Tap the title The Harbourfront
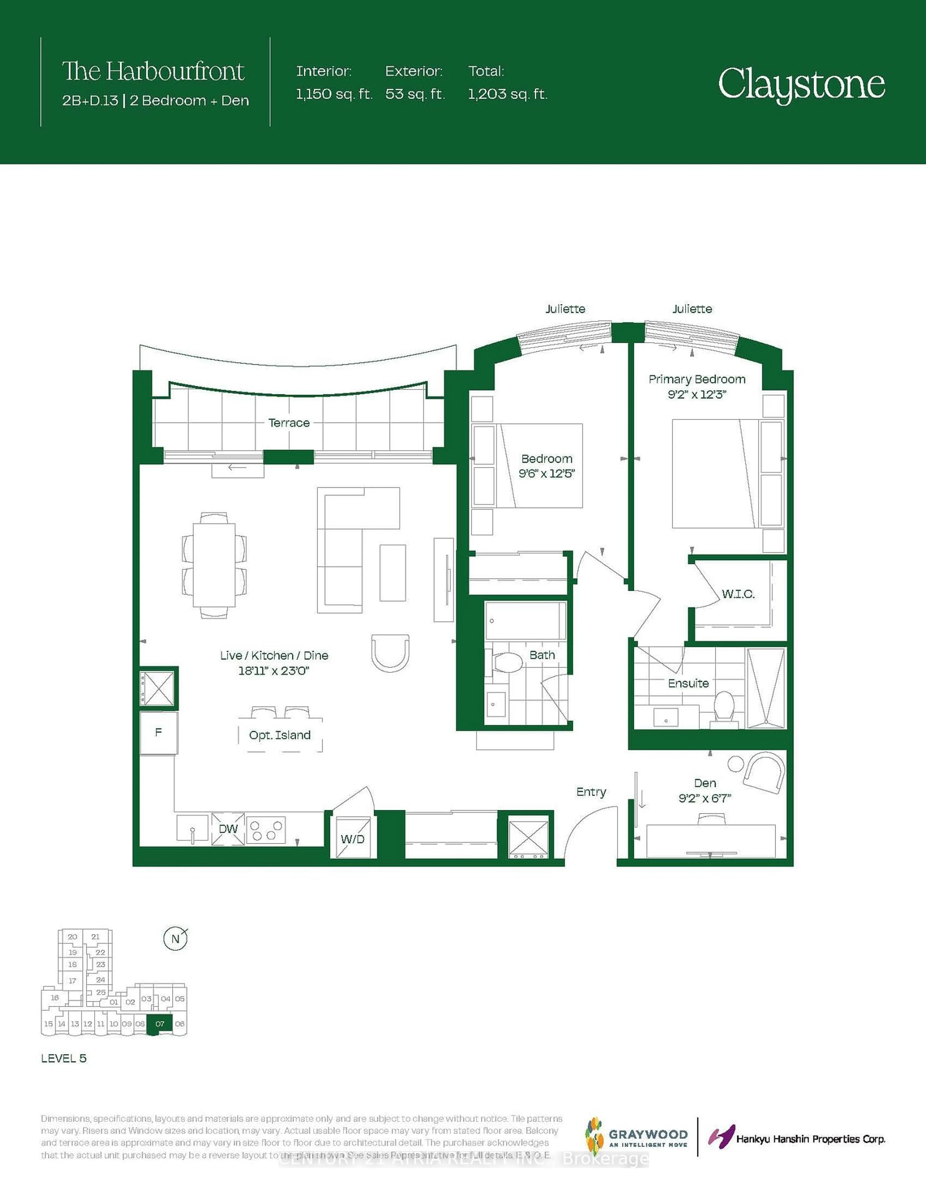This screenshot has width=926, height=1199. click(x=153, y=71)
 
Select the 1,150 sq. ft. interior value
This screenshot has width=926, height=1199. click(x=334, y=94)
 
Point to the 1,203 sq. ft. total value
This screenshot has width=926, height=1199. click(x=507, y=94)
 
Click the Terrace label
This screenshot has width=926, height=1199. click(x=289, y=423)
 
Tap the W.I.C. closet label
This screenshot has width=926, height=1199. click(x=738, y=594)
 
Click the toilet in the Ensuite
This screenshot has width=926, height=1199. click(x=725, y=705)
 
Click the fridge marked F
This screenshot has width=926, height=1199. click(x=158, y=732)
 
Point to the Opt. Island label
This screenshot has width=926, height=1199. click(x=280, y=735)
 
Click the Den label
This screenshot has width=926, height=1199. click(x=705, y=783)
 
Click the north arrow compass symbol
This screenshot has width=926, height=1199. click(x=176, y=939)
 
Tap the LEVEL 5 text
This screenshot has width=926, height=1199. click(x=64, y=1059)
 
